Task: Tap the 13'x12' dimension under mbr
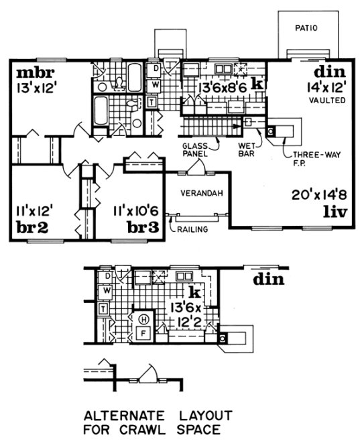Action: pyautogui.click(x=35, y=86)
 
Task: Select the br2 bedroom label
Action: pyautogui.click(x=31, y=227)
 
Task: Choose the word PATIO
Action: pyautogui.click(x=306, y=27)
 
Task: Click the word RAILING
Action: pyautogui.click(x=193, y=229)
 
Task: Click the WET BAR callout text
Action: pyautogui.click(x=249, y=147)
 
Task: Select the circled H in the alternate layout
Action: pyautogui.click(x=143, y=319)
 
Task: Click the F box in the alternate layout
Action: pyautogui.click(x=142, y=332)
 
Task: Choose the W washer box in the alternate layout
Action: pyautogui.click(x=106, y=291)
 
